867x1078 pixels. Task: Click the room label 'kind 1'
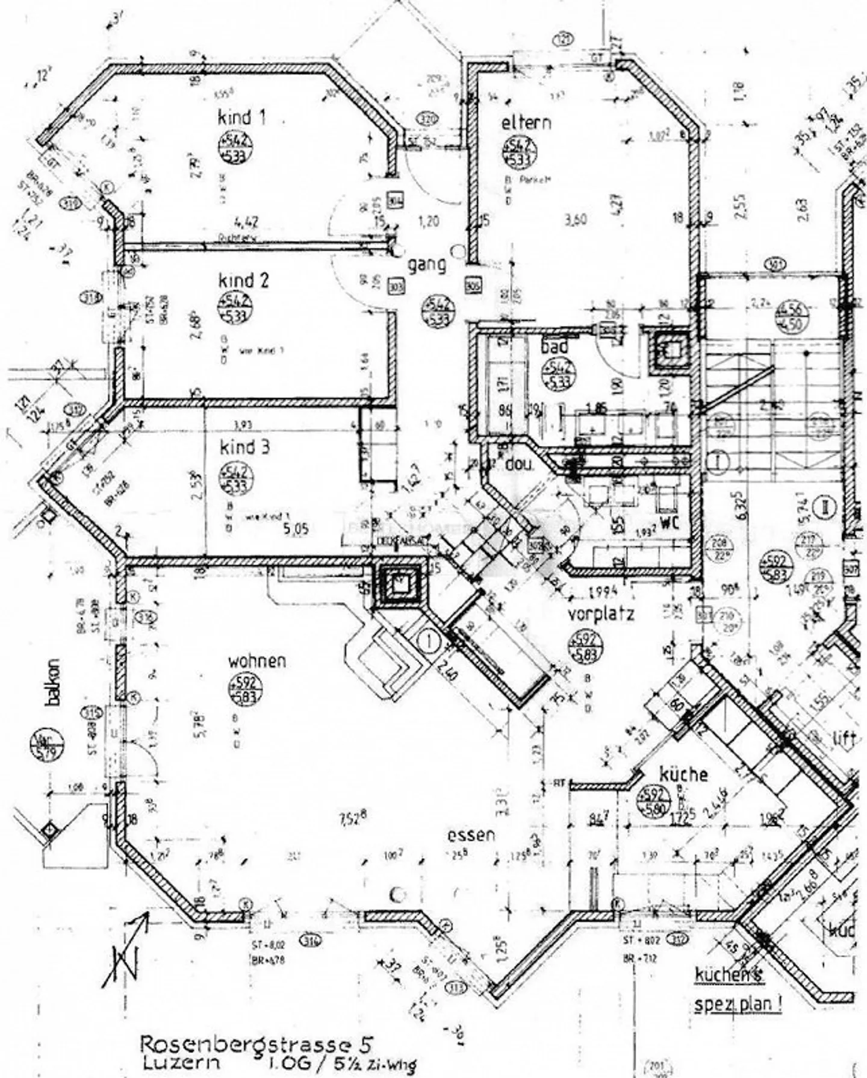[241, 118]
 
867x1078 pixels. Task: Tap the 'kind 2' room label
[243, 281]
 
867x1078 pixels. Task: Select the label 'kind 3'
[244, 448]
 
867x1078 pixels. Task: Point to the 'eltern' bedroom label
[526, 123]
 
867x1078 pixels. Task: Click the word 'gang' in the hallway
[427, 265]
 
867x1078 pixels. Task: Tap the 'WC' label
[668, 523]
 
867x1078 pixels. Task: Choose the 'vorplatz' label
[601, 615]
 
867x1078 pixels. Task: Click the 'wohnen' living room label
[256, 661]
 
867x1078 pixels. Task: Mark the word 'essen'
[471, 835]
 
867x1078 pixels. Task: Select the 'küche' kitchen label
[683, 774]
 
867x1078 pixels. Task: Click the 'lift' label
[844, 739]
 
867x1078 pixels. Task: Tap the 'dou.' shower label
[515, 465]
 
